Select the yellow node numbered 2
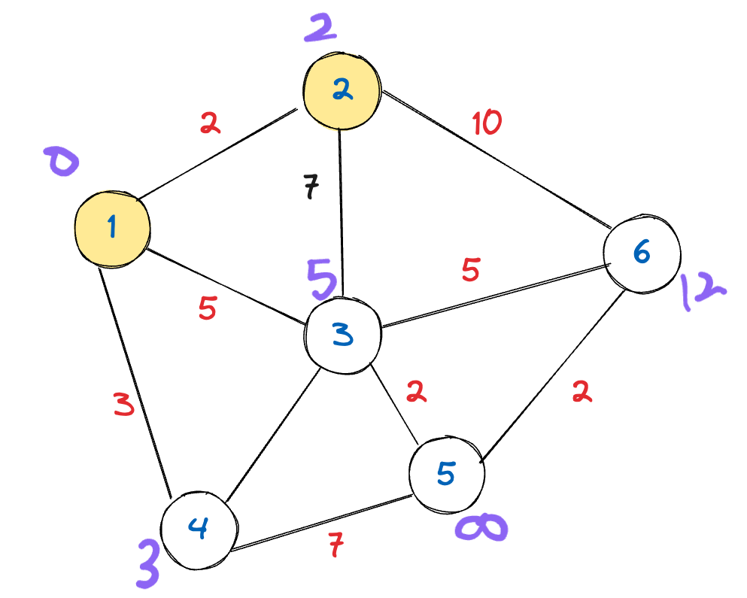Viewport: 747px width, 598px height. pos(342,92)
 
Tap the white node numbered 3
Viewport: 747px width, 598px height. pos(342,335)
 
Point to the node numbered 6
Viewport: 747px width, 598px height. pos(642,254)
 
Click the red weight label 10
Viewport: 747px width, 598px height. pos(487,123)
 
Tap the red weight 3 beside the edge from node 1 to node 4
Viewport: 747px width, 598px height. pos(125,405)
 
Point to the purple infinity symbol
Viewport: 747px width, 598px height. pos(481,529)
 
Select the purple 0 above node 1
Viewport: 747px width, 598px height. pos(61,162)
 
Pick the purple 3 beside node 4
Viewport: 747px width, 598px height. pos(147,563)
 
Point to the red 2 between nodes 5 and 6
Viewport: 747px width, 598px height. pos(580,392)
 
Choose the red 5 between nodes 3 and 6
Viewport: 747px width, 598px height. pos(470,269)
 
